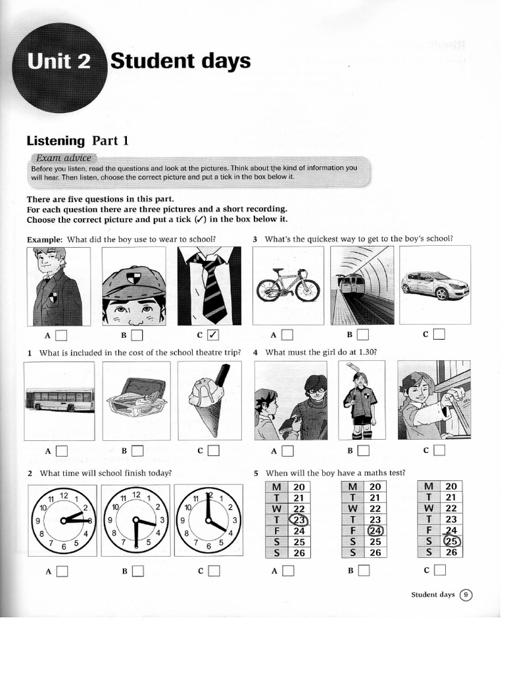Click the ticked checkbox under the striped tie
point(212,336)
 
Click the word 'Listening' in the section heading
point(56,141)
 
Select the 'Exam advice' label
point(64,158)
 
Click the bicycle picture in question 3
point(287,285)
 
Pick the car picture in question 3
point(435,285)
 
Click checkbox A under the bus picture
point(61,451)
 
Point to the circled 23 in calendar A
point(299,520)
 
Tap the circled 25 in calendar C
point(451,542)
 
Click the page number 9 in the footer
point(466,595)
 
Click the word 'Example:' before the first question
point(44,239)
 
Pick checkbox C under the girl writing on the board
point(439,450)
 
